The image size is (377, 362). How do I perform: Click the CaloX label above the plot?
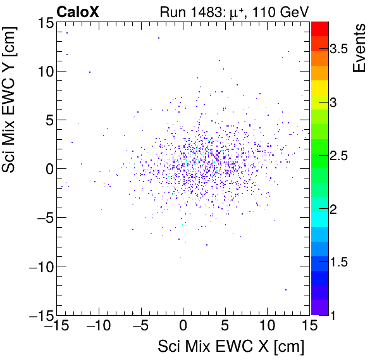pos(78,11)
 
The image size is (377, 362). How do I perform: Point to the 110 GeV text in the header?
pos(278,11)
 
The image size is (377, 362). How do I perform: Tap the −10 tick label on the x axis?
pos(97,327)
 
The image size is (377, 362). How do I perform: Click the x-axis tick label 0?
pos(183,327)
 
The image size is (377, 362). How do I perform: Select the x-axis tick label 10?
pos(268,327)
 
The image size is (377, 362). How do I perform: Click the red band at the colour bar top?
pos(320,27)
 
